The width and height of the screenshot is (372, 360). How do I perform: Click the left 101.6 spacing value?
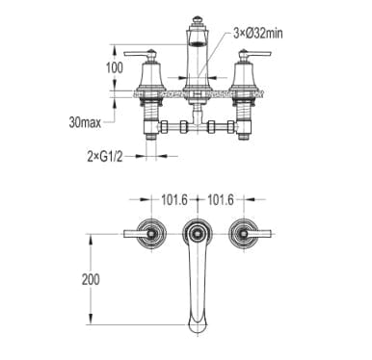173,200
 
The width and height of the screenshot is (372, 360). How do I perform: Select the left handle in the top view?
146,234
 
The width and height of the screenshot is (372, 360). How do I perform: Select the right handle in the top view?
250,234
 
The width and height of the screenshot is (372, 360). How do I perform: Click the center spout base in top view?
198,233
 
